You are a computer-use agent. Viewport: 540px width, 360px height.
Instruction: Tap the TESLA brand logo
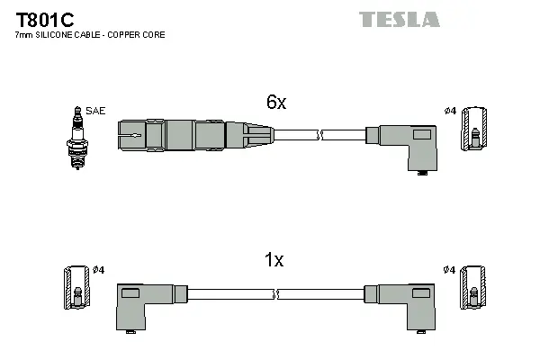tap(399, 19)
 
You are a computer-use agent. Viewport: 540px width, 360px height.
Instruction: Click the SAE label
tap(96, 111)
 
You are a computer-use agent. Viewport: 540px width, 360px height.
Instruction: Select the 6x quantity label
tap(274, 103)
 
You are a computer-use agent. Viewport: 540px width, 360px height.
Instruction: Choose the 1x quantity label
tap(273, 261)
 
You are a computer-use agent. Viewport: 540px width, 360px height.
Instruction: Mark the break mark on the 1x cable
tap(276, 294)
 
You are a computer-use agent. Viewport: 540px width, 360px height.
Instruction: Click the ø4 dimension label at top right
tap(450, 111)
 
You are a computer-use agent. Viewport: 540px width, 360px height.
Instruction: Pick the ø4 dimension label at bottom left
tap(99, 270)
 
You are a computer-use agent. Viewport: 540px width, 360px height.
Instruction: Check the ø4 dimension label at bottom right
tap(450, 270)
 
